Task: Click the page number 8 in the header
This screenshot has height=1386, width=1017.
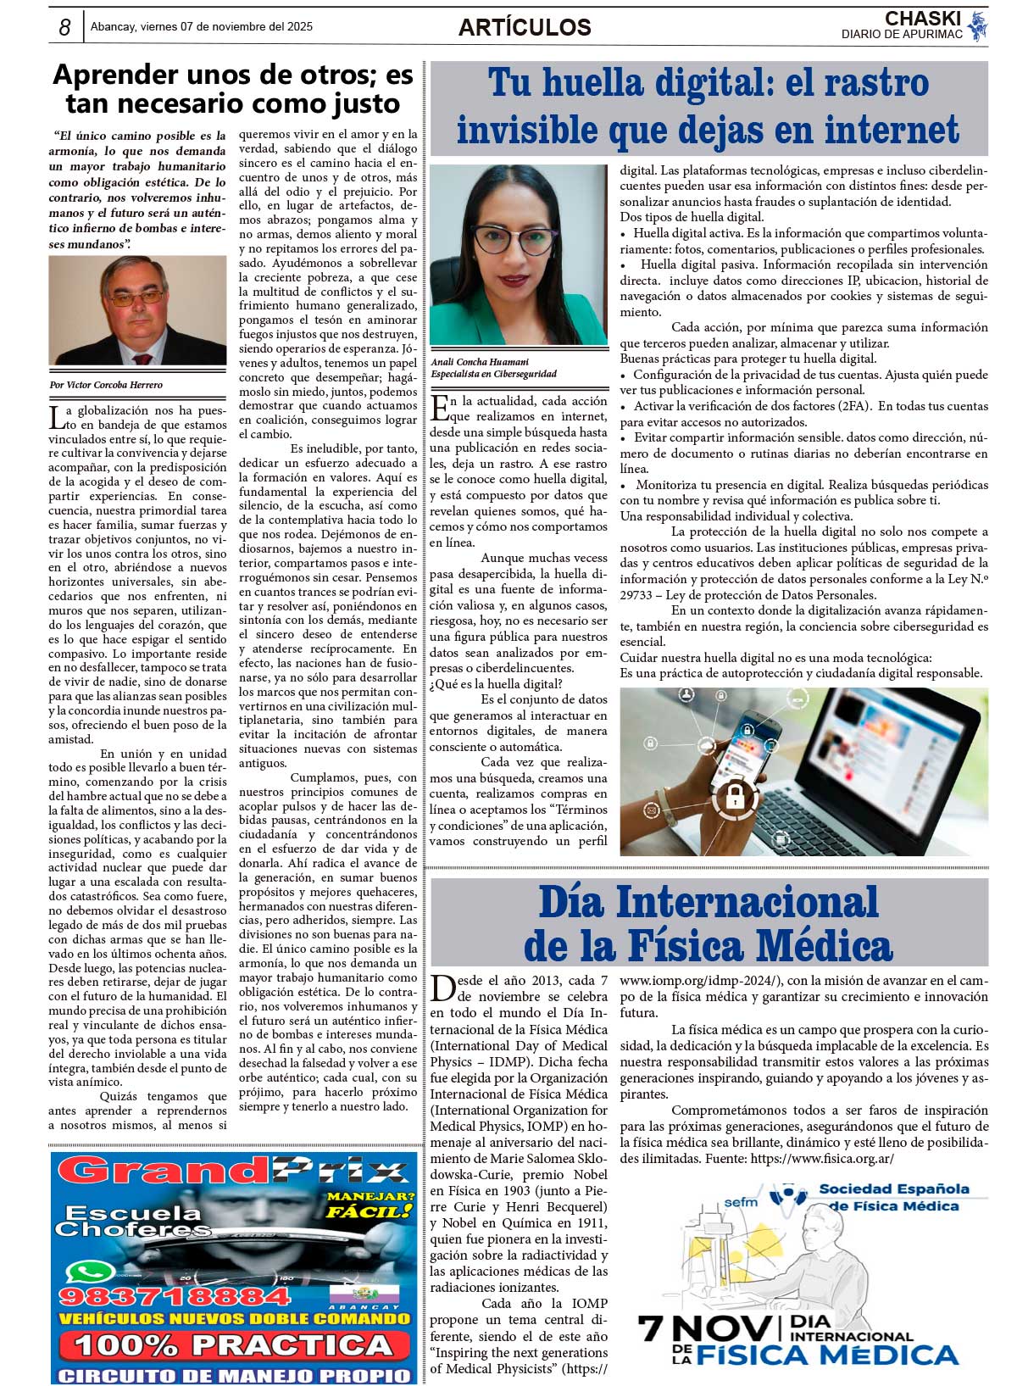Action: (64, 27)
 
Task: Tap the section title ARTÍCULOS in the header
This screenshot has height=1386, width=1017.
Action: (525, 27)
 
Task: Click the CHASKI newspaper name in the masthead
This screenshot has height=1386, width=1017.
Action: (922, 19)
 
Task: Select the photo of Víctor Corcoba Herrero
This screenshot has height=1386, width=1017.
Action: (137, 310)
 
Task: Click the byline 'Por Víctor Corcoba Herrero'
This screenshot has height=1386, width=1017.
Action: (107, 385)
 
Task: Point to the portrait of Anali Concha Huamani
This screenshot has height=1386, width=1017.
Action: (518, 255)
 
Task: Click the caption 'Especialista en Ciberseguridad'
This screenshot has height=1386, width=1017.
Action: (493, 374)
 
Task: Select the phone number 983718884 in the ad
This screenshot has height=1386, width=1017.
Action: (175, 1296)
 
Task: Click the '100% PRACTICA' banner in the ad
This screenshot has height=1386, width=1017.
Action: (233, 1344)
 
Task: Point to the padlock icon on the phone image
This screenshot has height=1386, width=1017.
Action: (735, 799)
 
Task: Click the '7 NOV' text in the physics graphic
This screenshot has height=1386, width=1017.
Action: (705, 1328)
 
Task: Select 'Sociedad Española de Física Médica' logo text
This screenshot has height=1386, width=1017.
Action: (893, 1197)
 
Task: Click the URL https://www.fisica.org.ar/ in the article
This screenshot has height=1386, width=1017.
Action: (822, 1159)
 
